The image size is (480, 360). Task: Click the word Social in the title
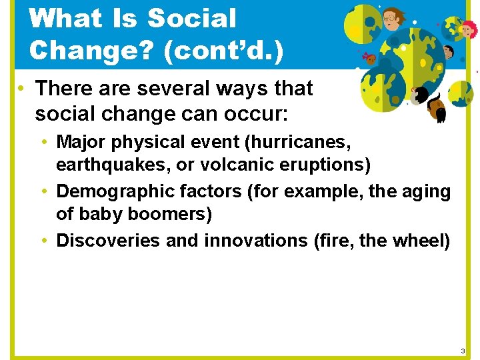click(x=191, y=19)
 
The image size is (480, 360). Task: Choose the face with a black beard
click(x=437, y=107)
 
